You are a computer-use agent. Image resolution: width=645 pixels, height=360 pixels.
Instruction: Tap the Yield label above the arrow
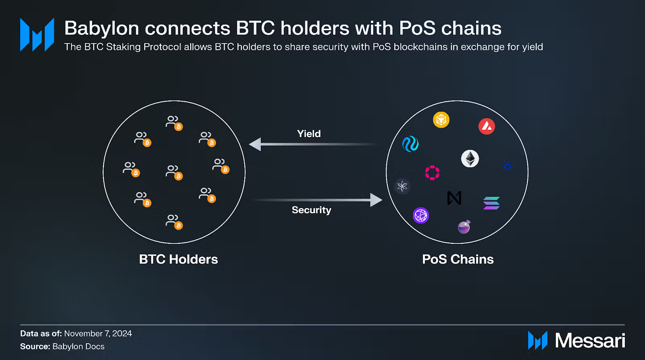[x=309, y=134]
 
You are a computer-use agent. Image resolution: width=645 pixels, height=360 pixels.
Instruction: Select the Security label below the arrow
[x=311, y=210]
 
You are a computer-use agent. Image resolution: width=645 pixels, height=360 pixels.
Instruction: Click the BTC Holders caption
[x=178, y=259]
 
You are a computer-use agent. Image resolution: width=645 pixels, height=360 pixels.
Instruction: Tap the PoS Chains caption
[x=458, y=259]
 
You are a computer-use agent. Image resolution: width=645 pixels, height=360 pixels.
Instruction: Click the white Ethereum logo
[x=470, y=158]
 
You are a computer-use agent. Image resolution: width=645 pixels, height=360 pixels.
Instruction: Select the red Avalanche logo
[x=487, y=127]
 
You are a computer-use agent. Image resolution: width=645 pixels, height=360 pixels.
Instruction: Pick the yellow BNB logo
[x=441, y=120]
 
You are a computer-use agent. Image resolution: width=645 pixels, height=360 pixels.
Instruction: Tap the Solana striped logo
[x=491, y=203]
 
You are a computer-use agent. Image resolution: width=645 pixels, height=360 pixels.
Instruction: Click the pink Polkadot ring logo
[x=432, y=173]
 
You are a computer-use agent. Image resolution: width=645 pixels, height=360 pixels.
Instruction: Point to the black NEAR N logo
[x=454, y=198]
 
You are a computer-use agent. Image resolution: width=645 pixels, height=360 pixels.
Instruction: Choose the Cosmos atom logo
[x=402, y=186]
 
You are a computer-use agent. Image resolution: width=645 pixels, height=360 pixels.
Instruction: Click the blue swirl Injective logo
[x=410, y=144]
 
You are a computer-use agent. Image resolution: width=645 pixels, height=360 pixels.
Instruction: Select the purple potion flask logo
[x=464, y=227]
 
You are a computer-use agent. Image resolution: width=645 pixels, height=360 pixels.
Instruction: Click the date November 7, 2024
[x=98, y=333]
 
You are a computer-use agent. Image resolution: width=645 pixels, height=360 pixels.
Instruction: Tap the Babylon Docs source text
[x=78, y=346]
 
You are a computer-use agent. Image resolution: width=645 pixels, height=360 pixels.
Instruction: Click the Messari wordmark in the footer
[x=590, y=341]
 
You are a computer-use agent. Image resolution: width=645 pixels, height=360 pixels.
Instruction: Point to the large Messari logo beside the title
[x=37, y=35]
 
